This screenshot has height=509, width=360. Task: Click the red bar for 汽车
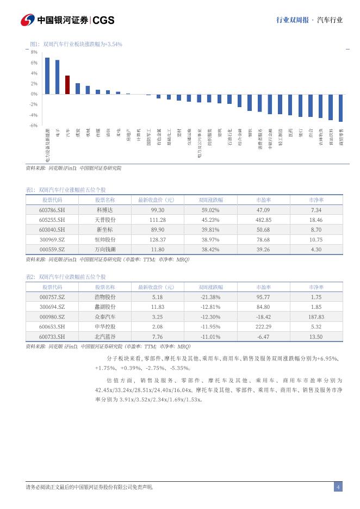point(67,85)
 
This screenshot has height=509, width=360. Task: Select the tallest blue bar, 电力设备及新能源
point(47,76)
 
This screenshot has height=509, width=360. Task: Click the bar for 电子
point(57,77)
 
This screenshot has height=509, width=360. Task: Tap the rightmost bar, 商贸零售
point(341,108)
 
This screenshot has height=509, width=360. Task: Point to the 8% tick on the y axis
point(34,52)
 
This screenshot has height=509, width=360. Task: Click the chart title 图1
point(76,44)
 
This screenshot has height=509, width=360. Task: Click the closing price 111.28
point(157,220)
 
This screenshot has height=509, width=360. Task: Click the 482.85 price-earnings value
point(263,220)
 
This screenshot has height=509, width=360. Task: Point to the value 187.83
point(316,316)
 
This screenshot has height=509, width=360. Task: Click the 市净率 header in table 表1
point(316,200)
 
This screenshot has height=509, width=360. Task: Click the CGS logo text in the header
point(104,20)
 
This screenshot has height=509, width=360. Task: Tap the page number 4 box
point(338,487)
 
